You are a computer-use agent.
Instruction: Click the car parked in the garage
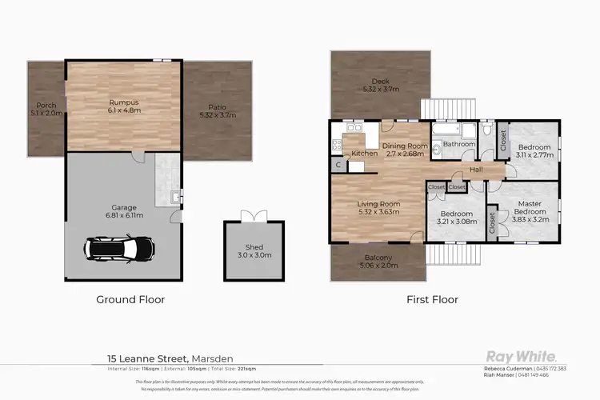coord(111,249)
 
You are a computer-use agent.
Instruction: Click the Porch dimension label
coord(46,108)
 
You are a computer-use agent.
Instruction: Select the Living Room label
coord(379,209)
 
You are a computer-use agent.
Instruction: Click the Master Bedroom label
coord(528,209)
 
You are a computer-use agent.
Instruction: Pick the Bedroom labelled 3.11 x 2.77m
coord(534,152)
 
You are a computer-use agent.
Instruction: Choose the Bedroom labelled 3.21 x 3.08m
coord(456,218)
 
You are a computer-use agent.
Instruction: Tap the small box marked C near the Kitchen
coord(338,166)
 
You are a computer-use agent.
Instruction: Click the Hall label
coord(477,170)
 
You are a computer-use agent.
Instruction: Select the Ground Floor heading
coord(130,300)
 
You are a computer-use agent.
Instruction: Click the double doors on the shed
coord(252,216)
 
